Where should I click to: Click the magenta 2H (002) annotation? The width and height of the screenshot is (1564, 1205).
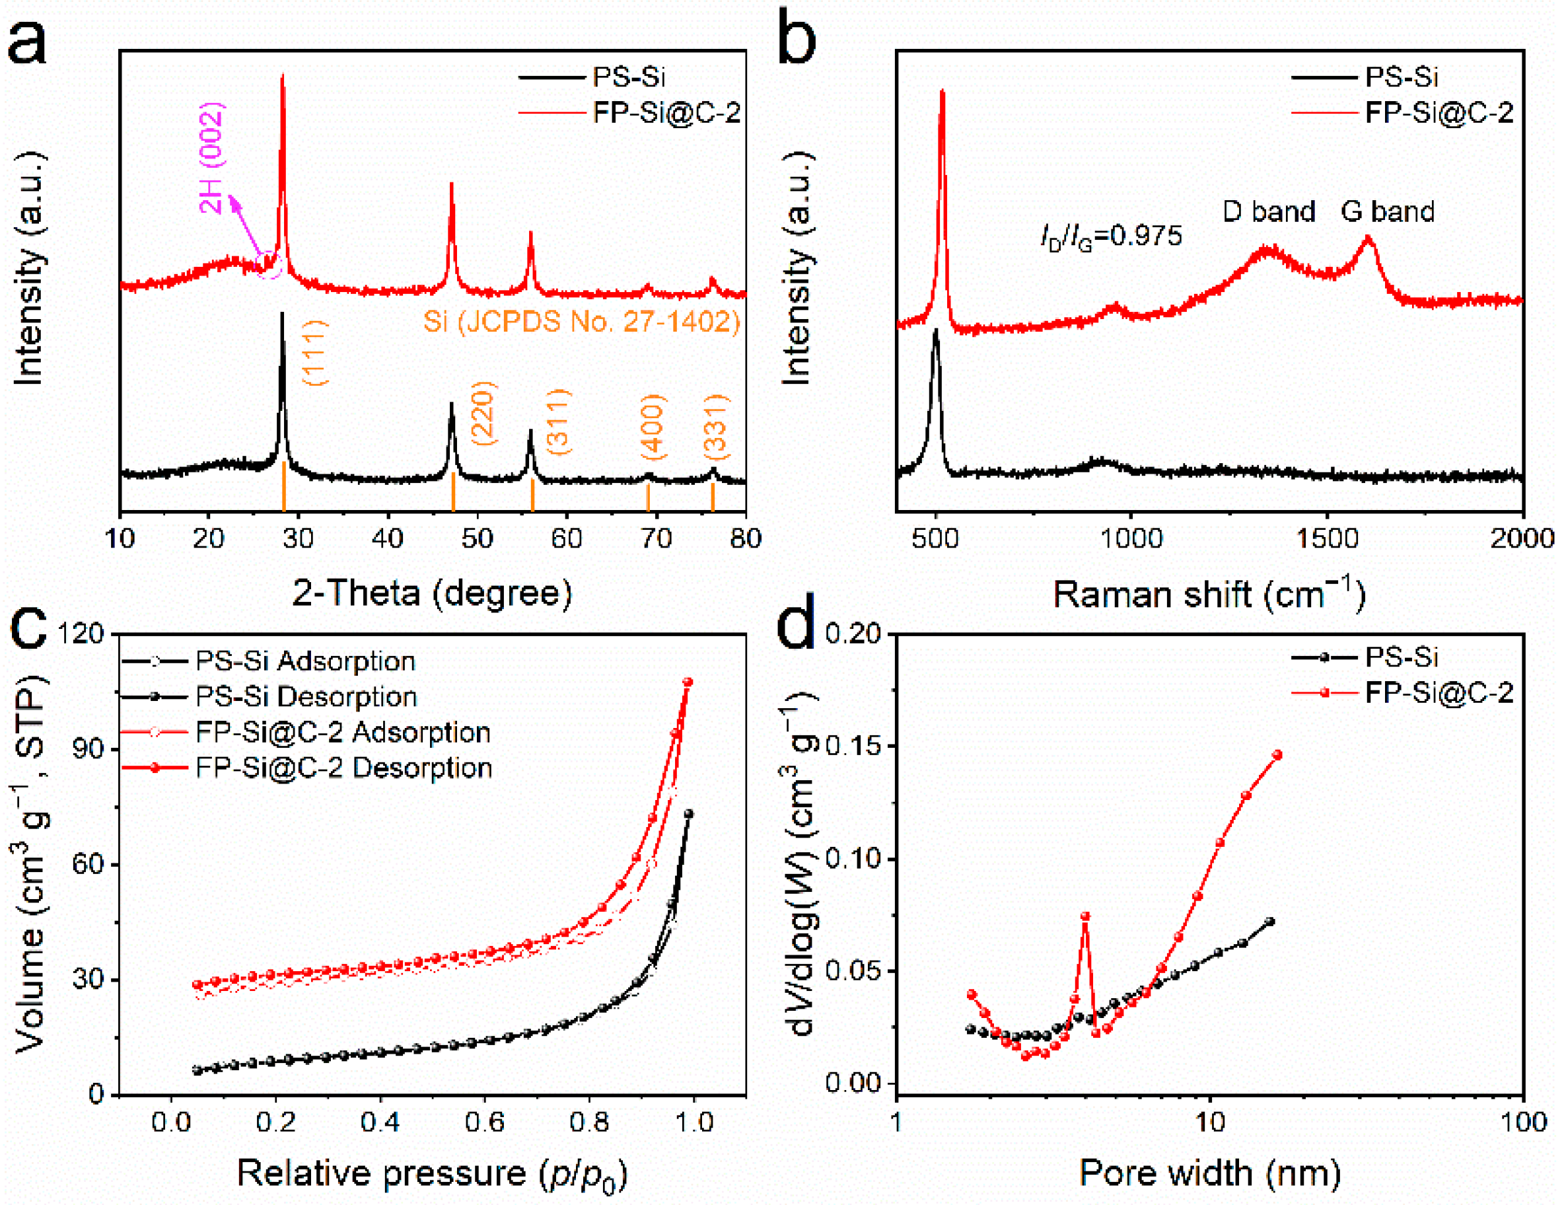pos(212,158)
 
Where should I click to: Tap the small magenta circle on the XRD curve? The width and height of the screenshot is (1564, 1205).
pos(269,264)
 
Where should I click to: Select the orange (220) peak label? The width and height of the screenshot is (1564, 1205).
pos(483,414)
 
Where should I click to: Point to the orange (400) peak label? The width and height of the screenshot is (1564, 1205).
pos(653,427)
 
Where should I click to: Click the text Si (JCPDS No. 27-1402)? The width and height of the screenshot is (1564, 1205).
pos(581,322)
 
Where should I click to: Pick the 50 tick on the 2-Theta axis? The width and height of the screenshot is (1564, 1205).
pos(477,538)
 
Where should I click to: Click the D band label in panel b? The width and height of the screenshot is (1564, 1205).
pos(1268,211)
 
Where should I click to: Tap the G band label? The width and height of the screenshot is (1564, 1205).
pos(1387,211)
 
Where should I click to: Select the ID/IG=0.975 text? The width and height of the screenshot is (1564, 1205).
pos(1111,236)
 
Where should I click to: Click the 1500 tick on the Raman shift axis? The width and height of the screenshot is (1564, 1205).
pos(1327,538)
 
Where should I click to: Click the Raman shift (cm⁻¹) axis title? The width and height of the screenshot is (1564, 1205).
pos(1209,595)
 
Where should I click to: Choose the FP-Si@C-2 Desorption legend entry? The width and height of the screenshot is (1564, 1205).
pos(343,768)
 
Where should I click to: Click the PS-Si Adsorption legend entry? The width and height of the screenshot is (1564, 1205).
pos(305,661)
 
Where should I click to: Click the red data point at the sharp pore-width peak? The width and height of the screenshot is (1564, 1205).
pos(1085,916)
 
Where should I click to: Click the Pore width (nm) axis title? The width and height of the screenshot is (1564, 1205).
pos(1209,1173)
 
